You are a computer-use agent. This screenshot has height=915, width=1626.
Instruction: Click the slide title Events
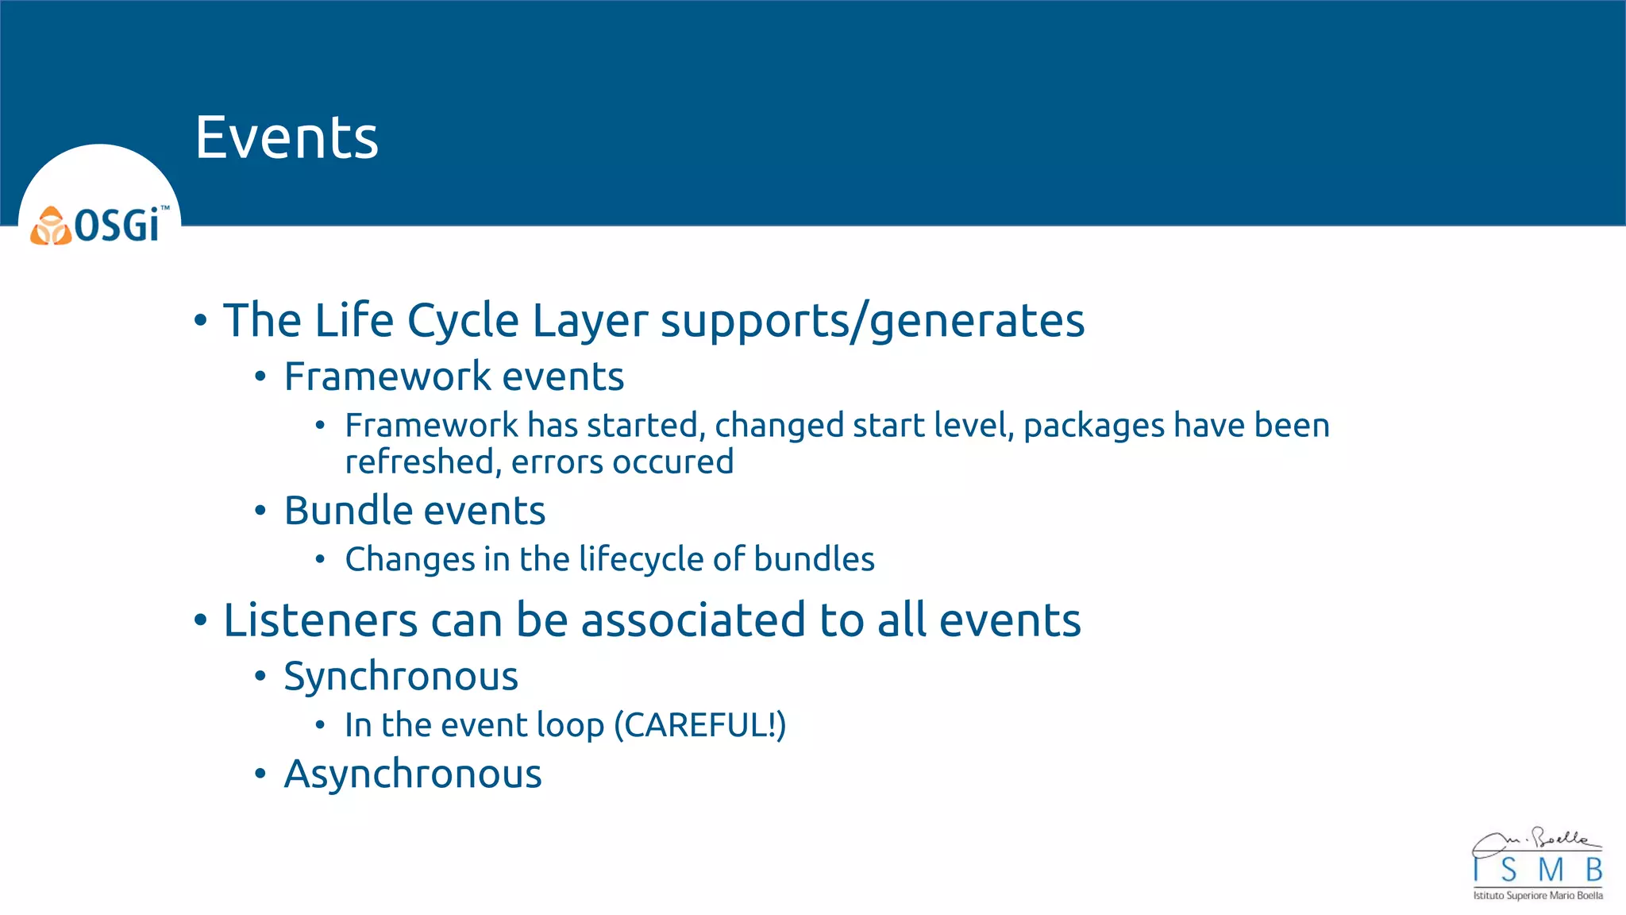pyautogui.click(x=287, y=137)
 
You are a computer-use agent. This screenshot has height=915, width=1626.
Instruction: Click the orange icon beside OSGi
pyautogui.click(x=51, y=226)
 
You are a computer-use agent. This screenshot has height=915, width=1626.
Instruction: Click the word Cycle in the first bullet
pyautogui.click(x=463, y=321)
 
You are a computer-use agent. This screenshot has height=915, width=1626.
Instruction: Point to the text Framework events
pyautogui.click(x=453, y=376)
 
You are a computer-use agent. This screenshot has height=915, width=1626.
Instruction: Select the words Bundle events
pyautogui.click(x=414, y=511)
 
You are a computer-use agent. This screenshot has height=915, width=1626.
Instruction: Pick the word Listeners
pyautogui.click(x=320, y=620)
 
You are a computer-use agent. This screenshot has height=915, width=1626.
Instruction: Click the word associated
pyautogui.click(x=692, y=620)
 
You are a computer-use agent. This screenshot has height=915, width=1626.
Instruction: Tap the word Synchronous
pyautogui.click(x=401, y=677)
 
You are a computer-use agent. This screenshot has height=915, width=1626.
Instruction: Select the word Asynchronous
pyautogui.click(x=413, y=774)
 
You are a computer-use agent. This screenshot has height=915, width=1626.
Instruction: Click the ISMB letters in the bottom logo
pyautogui.click(x=1537, y=871)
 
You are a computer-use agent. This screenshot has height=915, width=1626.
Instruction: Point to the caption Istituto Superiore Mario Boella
pyautogui.click(x=1537, y=896)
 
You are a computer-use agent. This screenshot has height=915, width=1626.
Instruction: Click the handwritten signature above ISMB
pyautogui.click(x=1537, y=840)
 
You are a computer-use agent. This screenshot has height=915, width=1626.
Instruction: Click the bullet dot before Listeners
pyautogui.click(x=200, y=620)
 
